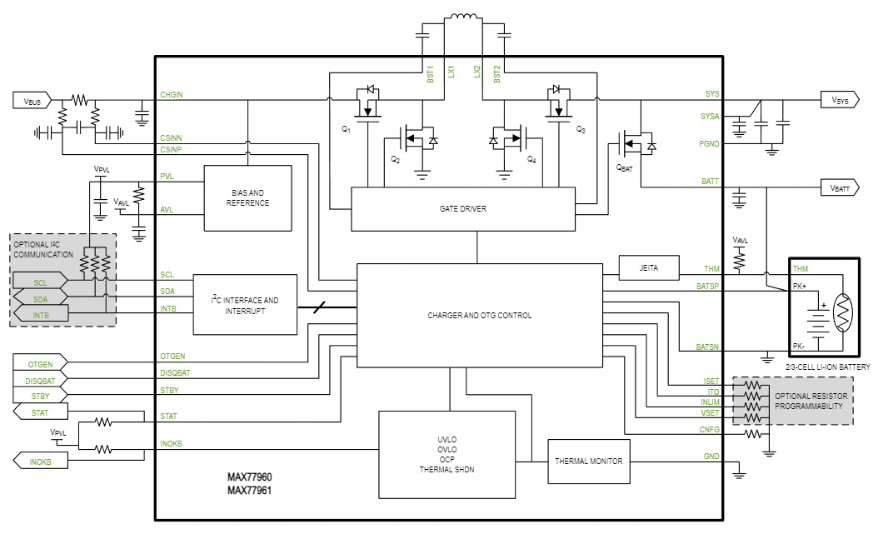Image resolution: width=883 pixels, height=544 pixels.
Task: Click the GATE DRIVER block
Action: tap(463, 208)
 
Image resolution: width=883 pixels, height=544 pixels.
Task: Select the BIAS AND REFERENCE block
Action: tap(248, 197)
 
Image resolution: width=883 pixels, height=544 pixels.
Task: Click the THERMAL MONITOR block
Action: tap(588, 462)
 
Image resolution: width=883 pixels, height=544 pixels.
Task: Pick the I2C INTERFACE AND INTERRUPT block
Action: tap(245, 304)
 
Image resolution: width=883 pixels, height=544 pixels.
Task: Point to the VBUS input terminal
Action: tap(32, 101)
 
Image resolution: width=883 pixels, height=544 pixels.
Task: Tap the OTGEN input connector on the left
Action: tap(40, 364)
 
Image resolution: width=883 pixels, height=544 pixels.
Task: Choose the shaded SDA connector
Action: tap(40, 299)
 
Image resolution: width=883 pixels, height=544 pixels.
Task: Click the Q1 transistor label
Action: tap(347, 130)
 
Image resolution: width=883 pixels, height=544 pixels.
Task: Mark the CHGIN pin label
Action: tap(172, 95)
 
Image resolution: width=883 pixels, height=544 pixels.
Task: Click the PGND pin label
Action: tap(709, 144)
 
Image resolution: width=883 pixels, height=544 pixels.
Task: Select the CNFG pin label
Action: tap(709, 430)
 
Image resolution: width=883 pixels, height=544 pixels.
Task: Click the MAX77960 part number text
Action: tap(250, 478)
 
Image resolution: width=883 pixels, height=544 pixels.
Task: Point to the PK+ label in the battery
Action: tap(801, 286)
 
